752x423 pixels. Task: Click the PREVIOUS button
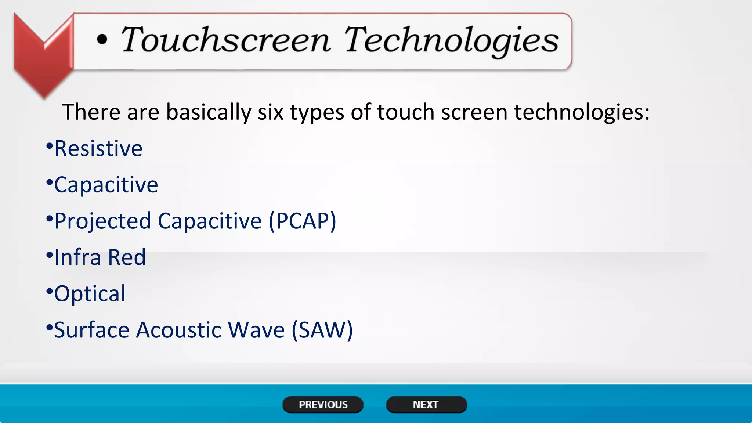coord(323,405)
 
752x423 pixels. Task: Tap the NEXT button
coord(426,405)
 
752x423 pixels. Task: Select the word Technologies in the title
coord(451,40)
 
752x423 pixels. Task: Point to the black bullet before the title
coord(102,40)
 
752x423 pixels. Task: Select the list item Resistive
coord(98,149)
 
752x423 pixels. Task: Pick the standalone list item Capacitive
coord(106,185)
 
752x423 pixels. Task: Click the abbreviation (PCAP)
coord(302,221)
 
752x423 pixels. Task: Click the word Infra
coord(77,257)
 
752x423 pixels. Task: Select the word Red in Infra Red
coord(127,257)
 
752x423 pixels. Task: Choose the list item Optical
coord(90,294)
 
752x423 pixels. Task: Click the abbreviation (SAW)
coord(322,330)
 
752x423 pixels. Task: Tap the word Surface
coord(91,330)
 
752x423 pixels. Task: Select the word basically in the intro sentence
coord(209,112)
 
